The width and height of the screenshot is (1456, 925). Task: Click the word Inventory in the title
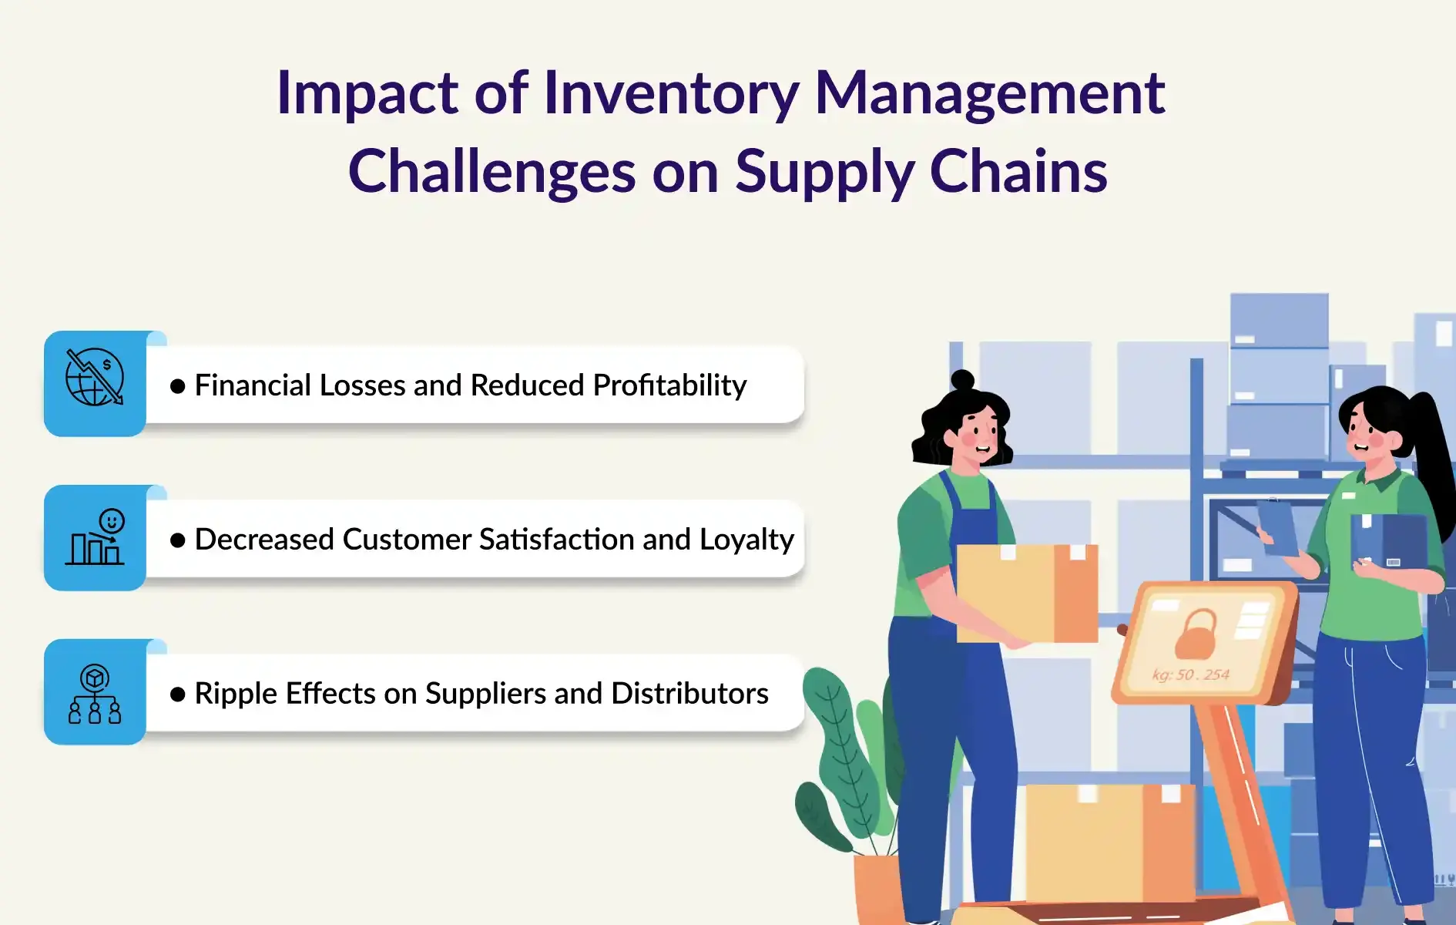click(x=671, y=94)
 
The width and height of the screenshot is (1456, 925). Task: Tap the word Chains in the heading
click(x=1018, y=170)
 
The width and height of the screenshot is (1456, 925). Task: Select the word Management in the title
click(x=989, y=94)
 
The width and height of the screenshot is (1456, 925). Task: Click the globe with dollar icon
click(x=95, y=377)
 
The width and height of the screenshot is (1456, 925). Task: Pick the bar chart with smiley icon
click(x=95, y=536)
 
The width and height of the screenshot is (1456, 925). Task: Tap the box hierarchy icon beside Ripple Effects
click(x=95, y=694)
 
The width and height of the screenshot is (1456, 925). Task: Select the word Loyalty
click(x=746, y=540)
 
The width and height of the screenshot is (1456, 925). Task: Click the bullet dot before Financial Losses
click(x=178, y=386)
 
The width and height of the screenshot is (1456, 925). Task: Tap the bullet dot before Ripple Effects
click(x=178, y=695)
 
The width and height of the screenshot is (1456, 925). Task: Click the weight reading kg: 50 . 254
click(x=1191, y=674)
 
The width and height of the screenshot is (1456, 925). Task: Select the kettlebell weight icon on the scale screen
click(x=1196, y=633)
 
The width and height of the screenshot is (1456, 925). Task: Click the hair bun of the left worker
click(x=962, y=380)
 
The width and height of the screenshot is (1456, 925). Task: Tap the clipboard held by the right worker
click(x=1277, y=526)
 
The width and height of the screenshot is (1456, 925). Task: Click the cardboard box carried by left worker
click(x=1027, y=593)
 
